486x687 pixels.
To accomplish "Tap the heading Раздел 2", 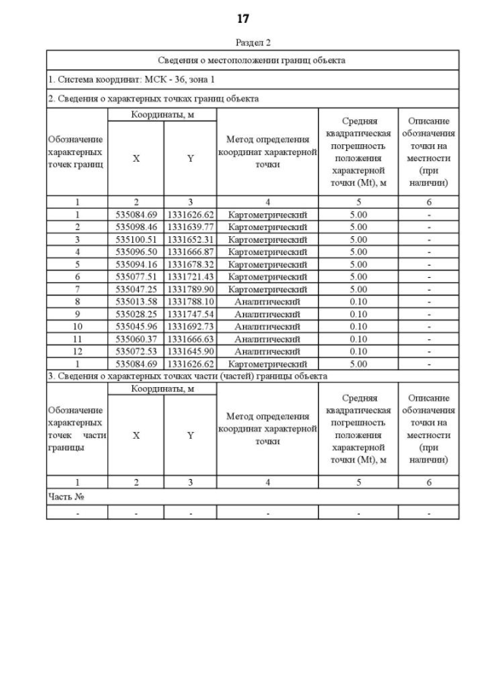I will click(253, 43).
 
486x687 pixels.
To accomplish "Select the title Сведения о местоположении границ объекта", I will click(253, 60).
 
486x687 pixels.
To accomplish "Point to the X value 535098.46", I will click(136, 227).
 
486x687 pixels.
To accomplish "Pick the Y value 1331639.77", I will click(191, 227).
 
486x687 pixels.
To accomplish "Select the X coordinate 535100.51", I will click(136, 239).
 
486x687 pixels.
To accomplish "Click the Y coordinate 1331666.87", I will click(191, 251).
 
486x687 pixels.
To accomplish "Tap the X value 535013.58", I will click(136, 301).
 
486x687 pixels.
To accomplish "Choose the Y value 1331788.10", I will click(191, 301).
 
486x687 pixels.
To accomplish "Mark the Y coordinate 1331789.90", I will click(191, 289).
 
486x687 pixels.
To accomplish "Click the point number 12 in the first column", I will click(77, 351).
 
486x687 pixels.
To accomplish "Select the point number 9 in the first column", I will click(77, 314).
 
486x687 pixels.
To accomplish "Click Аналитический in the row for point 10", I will click(267, 326).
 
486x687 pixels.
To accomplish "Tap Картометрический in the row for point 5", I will click(267, 264).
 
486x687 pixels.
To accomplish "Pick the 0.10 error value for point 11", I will click(358, 339).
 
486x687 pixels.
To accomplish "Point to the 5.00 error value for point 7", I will click(358, 289).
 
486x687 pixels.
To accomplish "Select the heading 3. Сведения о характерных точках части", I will click(187, 376).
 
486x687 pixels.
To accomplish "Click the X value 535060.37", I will click(136, 339).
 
